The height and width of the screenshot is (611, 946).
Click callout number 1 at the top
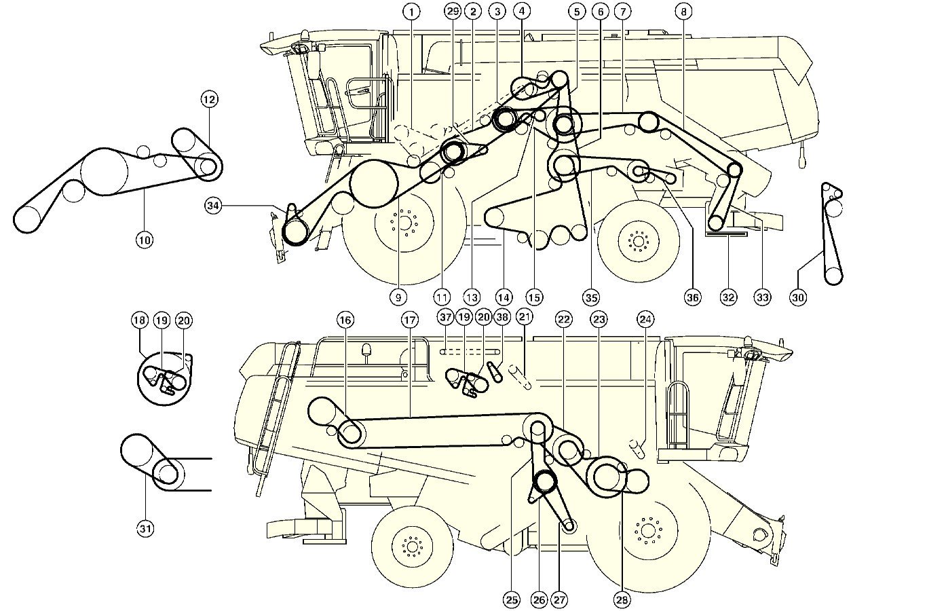coord(411,12)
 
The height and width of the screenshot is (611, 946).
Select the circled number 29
coord(453,12)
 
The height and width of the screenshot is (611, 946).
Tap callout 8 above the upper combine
coord(684,12)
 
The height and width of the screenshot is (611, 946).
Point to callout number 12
coord(209,100)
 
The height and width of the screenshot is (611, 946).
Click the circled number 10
coord(145,239)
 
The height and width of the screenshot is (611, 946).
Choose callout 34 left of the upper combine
coord(214,205)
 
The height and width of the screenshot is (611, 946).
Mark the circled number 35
coord(590,297)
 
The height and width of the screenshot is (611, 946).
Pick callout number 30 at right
coord(798,297)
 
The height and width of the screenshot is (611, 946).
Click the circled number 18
coord(140,320)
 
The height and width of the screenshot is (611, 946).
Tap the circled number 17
coord(409,320)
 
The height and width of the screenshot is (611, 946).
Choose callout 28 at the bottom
coord(622,599)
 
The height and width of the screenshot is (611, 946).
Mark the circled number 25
coord(512,599)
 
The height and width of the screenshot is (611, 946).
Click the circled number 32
coord(728,297)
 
